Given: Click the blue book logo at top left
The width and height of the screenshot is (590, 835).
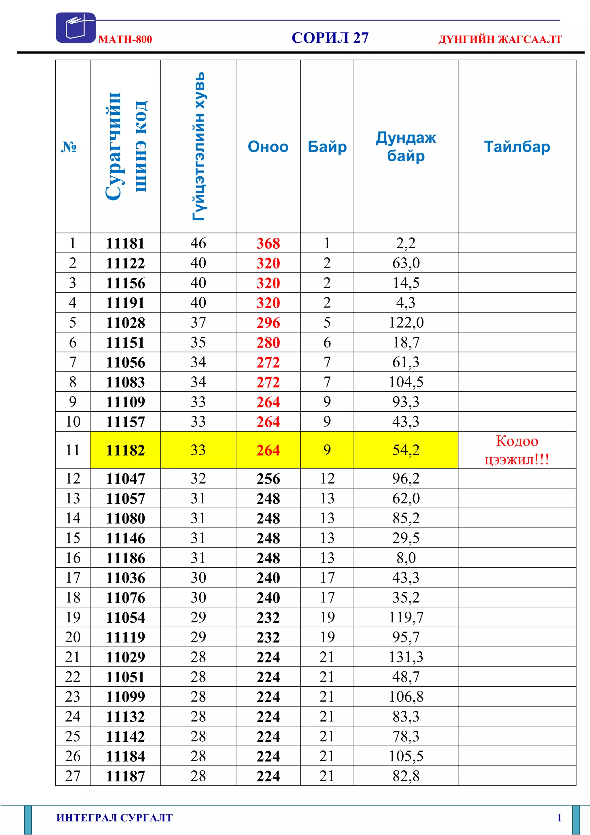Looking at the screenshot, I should tap(75, 28).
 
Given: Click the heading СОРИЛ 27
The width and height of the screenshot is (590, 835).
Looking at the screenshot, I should tap(330, 38).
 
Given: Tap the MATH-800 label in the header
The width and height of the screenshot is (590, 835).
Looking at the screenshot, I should tap(125, 39).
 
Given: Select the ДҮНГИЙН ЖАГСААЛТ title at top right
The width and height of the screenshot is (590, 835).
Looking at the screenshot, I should tap(500, 39).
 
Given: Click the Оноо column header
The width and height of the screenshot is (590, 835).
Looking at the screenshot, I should tap(268, 147).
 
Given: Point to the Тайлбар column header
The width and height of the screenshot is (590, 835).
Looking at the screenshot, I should tap(517, 147).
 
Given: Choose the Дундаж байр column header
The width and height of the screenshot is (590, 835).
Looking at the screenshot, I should tap(406, 147).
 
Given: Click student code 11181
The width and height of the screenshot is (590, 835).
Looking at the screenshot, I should tap(125, 243).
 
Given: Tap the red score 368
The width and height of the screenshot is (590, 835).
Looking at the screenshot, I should tap(268, 243).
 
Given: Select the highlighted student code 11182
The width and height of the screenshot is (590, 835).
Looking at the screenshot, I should tap(125, 450).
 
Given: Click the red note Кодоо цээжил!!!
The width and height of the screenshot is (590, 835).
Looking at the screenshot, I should tap(517, 450).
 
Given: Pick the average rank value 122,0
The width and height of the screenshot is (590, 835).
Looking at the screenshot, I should tap(406, 323).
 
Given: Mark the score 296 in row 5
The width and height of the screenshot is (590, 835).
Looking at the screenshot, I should tap(268, 323).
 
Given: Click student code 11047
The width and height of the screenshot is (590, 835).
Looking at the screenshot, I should tap(125, 479).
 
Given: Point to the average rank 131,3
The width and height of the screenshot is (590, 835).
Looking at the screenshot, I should tap(406, 657).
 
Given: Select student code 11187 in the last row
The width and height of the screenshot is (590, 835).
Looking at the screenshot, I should tap(125, 776).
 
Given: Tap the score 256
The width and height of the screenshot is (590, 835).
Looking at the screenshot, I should tap(268, 479).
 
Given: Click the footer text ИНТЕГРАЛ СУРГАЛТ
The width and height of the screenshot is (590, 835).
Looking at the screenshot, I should tap(114, 818).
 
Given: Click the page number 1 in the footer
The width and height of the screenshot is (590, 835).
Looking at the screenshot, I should tap(559, 818).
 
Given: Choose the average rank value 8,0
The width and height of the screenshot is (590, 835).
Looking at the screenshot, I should tap(406, 558).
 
